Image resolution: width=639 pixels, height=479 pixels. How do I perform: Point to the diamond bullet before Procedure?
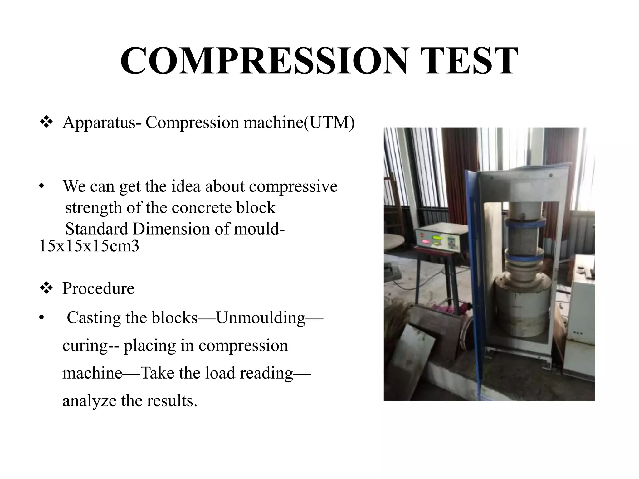point(46,288)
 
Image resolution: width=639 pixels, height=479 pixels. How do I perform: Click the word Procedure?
point(98,288)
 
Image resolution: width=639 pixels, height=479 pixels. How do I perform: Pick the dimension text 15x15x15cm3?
point(89,246)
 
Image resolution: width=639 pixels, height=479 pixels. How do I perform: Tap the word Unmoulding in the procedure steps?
point(261,318)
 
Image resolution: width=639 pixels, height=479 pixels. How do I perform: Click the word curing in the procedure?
point(85,346)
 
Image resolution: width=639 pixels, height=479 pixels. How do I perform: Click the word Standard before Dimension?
point(97,229)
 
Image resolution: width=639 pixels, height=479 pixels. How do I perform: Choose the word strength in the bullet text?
point(93,208)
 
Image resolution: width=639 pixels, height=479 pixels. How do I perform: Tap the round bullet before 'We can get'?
point(41,186)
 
